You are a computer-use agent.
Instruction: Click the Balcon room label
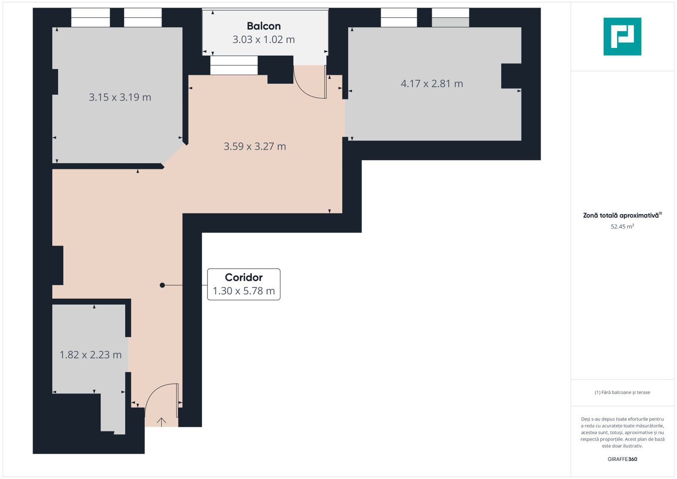[264, 26]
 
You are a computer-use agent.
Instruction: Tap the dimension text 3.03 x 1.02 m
[264, 39]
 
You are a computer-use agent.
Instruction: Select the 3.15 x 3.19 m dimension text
[120, 97]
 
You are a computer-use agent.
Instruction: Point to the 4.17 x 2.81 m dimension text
[432, 83]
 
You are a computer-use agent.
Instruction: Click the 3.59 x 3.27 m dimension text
[254, 146]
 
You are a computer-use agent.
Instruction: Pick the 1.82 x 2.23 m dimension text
[90, 355]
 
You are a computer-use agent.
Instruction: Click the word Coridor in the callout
[243, 278]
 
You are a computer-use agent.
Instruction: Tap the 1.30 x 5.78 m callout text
[243, 291]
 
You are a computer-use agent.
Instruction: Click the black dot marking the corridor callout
[162, 285]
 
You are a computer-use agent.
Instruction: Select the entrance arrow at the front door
[161, 422]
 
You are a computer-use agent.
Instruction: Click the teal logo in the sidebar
[622, 36]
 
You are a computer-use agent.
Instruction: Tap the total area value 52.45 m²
[622, 227]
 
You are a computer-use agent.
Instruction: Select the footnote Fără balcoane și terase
[622, 393]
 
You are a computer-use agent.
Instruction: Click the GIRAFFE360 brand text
[622, 459]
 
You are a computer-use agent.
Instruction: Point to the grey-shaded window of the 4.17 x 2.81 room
[450, 22]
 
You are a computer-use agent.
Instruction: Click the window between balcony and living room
[234, 65]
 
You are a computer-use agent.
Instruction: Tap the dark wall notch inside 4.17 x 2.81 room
[511, 76]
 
